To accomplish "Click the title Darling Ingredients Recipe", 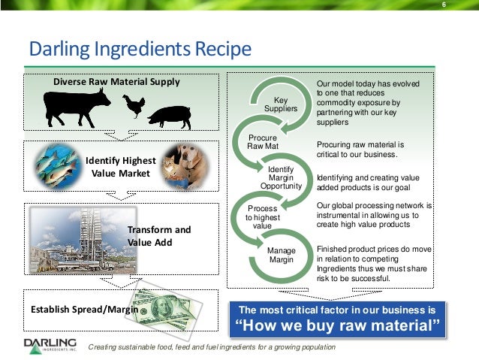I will click(x=139, y=50).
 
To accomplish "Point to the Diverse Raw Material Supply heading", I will click(x=116, y=81).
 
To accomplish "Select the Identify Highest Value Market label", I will click(x=121, y=167).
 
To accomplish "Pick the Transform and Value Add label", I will click(x=159, y=236).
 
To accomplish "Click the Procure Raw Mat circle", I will click(x=263, y=142).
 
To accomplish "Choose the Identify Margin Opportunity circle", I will click(x=281, y=177).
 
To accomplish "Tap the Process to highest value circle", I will click(x=262, y=216).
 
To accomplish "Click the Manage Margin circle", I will click(x=281, y=254).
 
